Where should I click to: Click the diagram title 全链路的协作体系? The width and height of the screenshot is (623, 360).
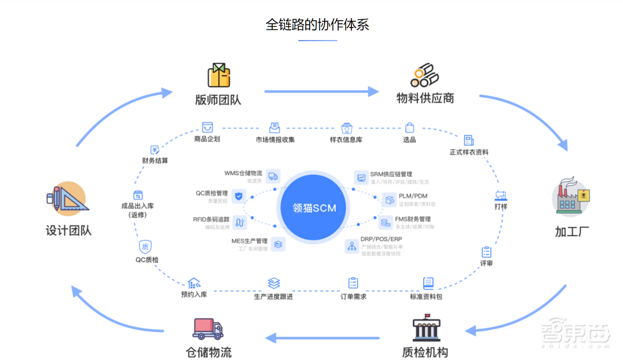click(317, 24)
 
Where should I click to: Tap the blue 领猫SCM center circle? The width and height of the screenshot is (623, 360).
click(315, 208)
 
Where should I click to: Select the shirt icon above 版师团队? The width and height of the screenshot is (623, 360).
click(218, 75)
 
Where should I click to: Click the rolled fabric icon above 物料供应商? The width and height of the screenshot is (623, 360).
click(425, 75)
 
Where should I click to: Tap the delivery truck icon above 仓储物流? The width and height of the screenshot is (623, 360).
click(209, 328)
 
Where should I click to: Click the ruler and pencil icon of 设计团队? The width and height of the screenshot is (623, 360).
click(66, 199)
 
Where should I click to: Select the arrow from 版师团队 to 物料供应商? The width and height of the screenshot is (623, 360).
click(321, 92)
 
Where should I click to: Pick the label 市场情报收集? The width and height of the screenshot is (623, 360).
click(275, 140)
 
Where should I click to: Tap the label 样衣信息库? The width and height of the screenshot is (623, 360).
click(346, 140)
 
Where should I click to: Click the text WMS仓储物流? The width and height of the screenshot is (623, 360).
click(243, 173)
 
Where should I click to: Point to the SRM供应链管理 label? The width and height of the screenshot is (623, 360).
click(391, 174)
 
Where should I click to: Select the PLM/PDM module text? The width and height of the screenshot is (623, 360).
click(413, 196)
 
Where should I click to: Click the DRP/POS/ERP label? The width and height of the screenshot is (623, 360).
click(381, 239)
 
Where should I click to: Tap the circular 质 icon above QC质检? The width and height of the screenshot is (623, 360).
click(145, 246)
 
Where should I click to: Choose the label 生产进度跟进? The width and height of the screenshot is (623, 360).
click(273, 296)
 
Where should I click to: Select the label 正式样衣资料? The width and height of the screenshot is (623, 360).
click(468, 152)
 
